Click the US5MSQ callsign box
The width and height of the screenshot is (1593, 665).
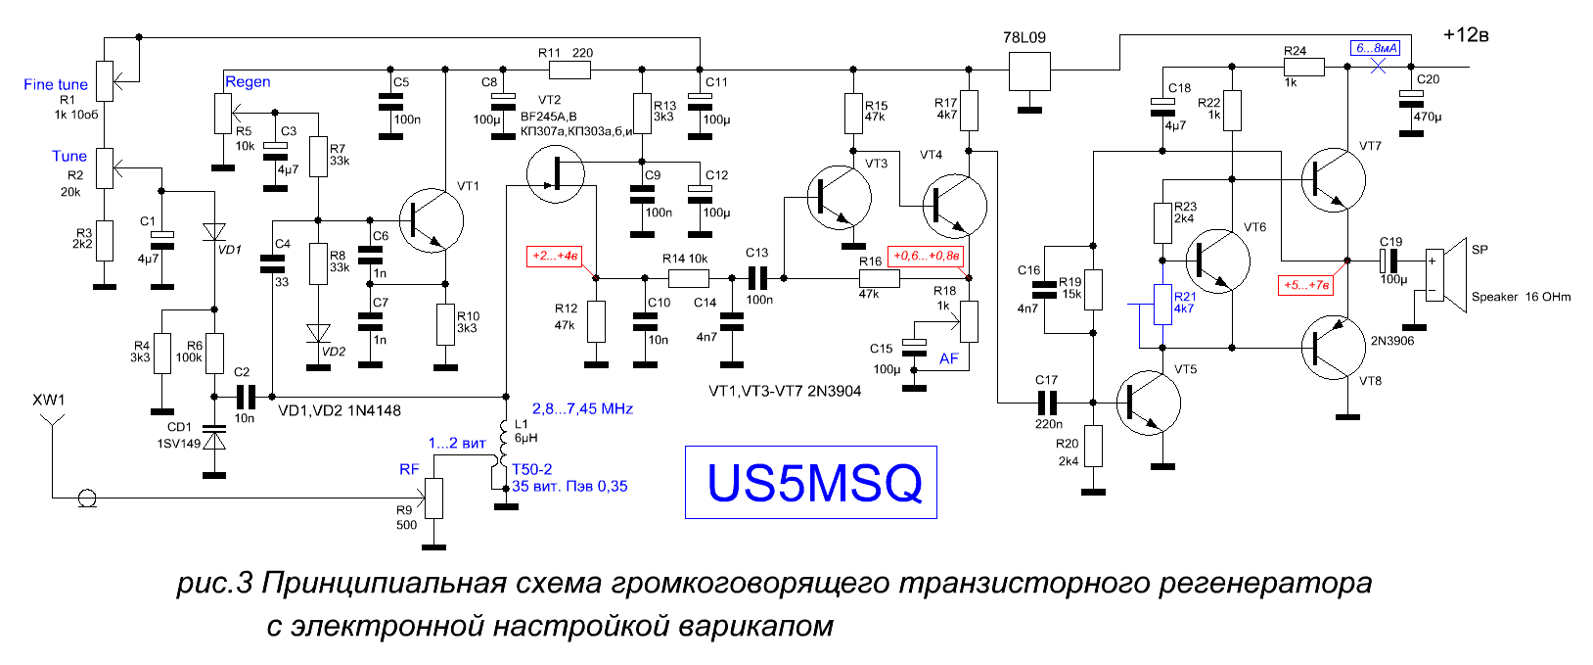811,482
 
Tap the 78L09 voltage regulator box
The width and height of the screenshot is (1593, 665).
1029,70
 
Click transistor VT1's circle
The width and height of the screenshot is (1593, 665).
432,220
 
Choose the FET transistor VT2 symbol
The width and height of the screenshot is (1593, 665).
556,173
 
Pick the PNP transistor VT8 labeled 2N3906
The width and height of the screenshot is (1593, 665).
1334,348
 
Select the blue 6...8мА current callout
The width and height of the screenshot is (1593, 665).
1376,48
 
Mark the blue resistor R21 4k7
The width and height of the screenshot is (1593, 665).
1162,304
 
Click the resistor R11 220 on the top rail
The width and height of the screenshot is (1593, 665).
569,70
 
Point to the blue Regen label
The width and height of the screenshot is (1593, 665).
248,82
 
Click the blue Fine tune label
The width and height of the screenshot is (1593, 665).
56,85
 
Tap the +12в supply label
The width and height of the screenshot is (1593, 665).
1466,35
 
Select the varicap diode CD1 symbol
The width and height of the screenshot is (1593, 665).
214,437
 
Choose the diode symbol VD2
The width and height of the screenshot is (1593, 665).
318,333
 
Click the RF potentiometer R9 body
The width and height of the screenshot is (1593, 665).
433,499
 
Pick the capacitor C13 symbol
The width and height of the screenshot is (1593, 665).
756,278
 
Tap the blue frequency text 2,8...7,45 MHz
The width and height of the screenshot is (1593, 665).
582,408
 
